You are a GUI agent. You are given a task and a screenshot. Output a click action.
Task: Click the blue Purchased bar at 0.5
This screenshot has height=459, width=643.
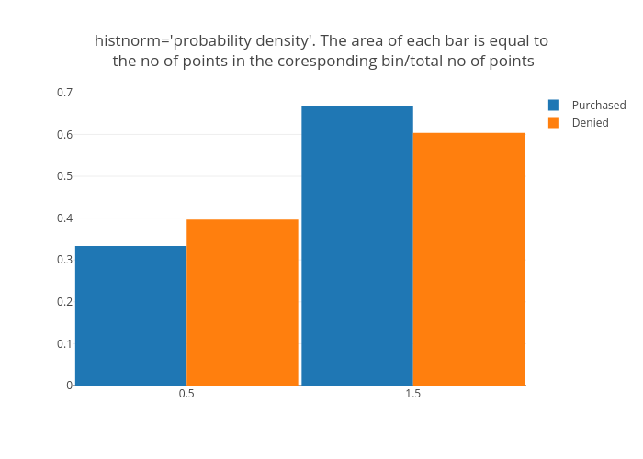130,316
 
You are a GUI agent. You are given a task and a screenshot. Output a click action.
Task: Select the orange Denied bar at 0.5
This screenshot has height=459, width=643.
243,302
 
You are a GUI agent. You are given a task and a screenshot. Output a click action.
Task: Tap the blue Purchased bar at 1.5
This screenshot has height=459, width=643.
357,246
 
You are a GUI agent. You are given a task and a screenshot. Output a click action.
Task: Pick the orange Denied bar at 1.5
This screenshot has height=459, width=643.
468,259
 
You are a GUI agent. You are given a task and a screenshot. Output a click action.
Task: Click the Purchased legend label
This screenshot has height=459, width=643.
598,106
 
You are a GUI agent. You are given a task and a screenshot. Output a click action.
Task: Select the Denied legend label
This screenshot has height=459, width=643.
590,123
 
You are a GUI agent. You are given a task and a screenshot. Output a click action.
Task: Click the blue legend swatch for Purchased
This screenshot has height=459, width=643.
554,106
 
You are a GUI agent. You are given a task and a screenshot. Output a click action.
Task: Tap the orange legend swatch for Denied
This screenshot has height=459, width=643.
554,123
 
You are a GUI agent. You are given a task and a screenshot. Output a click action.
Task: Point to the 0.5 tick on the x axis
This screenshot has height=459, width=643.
186,394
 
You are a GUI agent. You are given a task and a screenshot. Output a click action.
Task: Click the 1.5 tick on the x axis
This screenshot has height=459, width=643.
413,394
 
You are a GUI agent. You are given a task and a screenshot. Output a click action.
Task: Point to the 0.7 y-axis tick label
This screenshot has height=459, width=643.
64,93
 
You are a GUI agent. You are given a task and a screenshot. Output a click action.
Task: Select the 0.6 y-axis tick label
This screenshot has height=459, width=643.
64,135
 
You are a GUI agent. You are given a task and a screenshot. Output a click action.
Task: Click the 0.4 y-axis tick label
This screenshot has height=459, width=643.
64,218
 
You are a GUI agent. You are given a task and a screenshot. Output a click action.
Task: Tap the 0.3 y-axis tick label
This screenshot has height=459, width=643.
64,260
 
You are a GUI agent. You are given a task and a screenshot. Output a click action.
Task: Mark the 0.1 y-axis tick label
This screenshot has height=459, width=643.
64,343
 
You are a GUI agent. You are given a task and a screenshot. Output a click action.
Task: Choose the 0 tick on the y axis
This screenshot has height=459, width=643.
69,386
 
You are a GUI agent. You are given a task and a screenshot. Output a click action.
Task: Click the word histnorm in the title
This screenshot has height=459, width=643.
128,41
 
